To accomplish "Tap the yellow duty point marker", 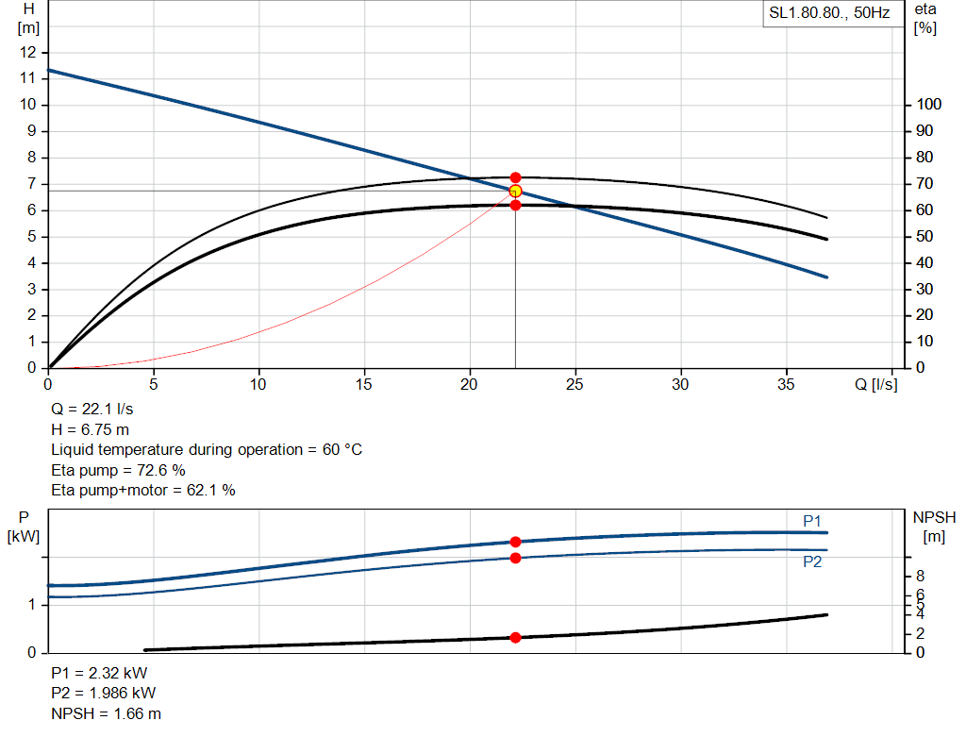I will click(515, 192).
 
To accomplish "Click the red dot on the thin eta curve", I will click(515, 177).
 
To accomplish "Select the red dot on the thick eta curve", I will click(515, 205).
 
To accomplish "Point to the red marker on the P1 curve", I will click(515, 542).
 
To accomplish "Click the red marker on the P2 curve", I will click(515, 558).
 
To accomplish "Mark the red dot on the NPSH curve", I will click(515, 638).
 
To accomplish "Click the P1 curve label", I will click(812, 521).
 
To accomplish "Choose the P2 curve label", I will click(812, 561).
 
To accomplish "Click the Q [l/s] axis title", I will click(876, 384).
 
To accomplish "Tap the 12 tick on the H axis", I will click(29, 52).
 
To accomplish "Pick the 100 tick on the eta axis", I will click(927, 105).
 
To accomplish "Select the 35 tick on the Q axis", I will click(786, 384).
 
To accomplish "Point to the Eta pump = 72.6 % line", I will click(118, 470).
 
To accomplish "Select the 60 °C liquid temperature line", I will click(206, 449).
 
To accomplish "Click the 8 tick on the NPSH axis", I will click(920, 577).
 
